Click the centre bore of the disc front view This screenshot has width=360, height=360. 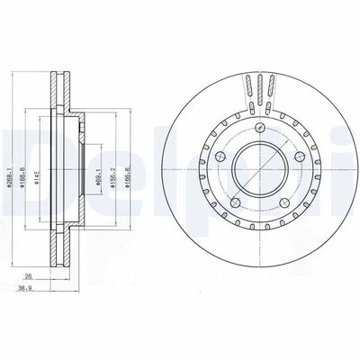[x=256, y=167]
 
